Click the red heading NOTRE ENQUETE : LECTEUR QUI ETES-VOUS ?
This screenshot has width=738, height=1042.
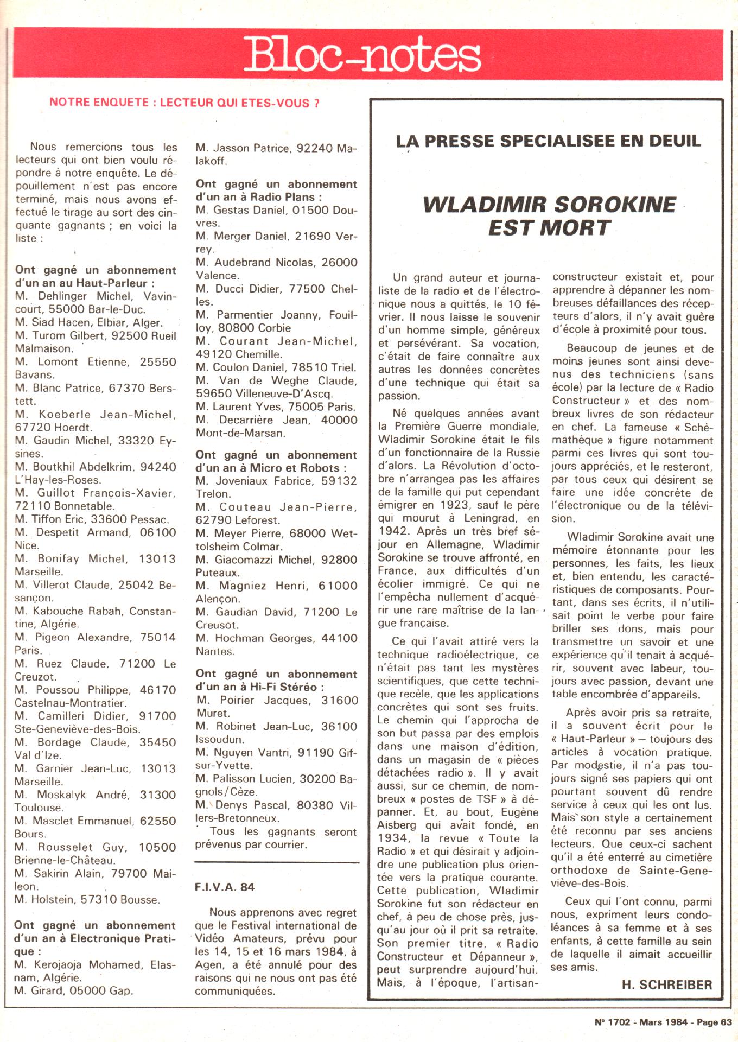point(184,103)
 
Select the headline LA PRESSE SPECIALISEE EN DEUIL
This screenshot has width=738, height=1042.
point(548,141)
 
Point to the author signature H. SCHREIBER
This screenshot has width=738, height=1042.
point(667,984)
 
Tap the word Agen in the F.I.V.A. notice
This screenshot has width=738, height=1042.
point(208,965)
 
